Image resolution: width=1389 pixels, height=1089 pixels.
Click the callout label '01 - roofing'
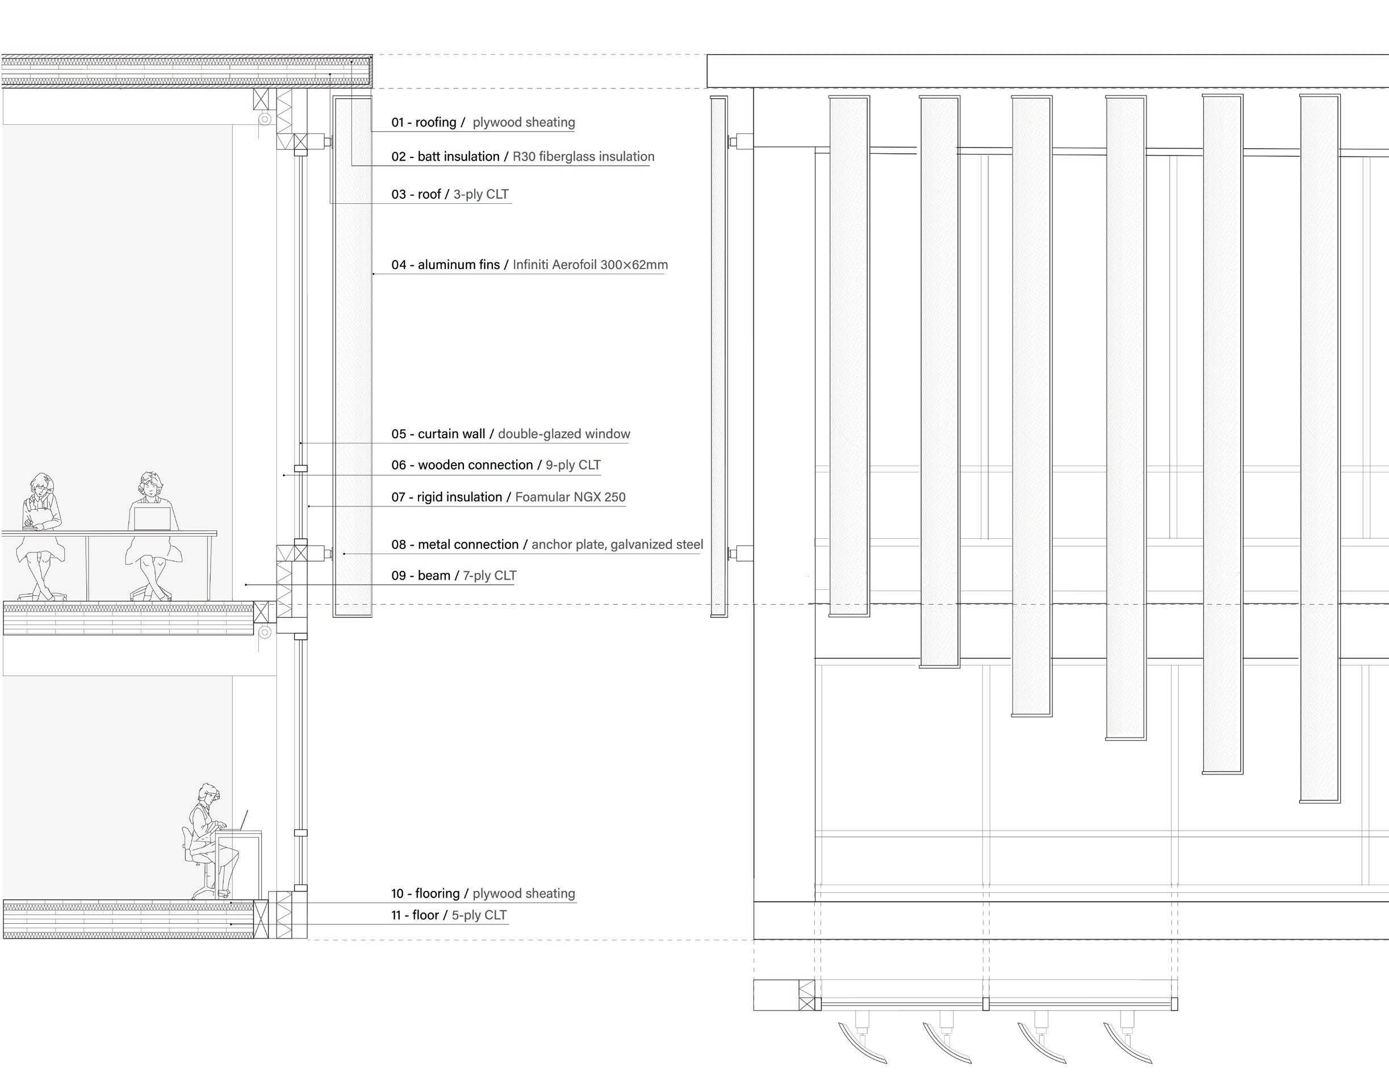click(424, 123)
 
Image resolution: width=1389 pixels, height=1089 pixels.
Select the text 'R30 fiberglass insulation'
click(583, 157)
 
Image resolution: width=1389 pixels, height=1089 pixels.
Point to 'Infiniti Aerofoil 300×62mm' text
click(590, 265)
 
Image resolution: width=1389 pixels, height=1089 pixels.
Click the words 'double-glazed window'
click(564, 434)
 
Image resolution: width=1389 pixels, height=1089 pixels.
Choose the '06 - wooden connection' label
click(462, 466)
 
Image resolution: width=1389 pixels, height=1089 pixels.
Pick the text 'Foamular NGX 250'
click(570, 497)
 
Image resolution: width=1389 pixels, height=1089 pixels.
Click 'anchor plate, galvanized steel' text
click(617, 544)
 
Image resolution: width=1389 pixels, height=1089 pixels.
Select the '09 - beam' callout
click(421, 576)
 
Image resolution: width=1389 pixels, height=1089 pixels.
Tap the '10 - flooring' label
click(425, 893)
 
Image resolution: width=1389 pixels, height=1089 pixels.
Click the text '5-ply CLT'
click(479, 916)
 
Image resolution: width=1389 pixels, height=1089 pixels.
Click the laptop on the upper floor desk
click(152, 518)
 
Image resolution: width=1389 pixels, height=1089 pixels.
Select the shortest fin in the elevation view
click(849, 356)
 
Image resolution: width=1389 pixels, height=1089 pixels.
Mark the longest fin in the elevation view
click(1320, 447)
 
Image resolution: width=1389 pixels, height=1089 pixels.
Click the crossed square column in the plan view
click(807, 995)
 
